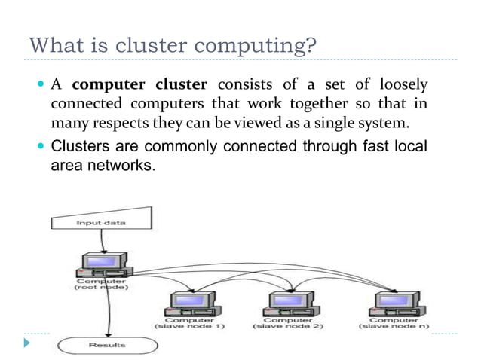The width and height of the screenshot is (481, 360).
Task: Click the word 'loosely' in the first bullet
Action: click(x=403, y=84)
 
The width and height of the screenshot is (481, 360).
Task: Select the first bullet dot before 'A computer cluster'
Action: click(x=40, y=84)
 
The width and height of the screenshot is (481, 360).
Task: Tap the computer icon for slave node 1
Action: click(x=185, y=304)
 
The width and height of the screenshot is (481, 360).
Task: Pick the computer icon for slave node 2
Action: click(x=283, y=304)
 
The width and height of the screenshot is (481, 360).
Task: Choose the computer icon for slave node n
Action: click(x=388, y=304)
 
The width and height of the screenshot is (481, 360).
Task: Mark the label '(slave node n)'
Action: click(x=388, y=326)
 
